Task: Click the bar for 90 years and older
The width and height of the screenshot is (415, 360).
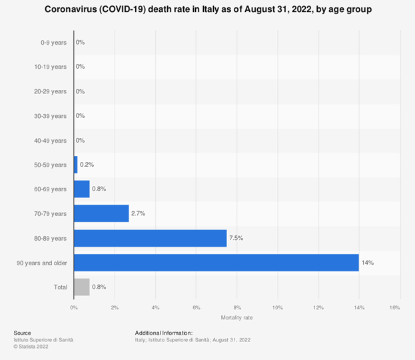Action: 216,263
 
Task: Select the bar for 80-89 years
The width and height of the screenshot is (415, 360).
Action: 150,238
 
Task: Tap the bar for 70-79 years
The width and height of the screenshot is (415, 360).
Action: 101,213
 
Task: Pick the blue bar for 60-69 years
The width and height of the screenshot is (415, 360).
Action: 82,189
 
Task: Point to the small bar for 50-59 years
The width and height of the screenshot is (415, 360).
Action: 76,165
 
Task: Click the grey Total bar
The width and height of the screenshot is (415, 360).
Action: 82,287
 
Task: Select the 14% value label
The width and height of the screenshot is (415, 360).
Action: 368,263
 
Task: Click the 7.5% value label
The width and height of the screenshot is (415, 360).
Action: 238,238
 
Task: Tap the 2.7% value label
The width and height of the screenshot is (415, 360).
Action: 139,213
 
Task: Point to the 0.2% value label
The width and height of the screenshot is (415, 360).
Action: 87,165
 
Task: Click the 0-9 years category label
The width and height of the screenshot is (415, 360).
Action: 53,42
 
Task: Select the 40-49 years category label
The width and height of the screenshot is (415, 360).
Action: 50,140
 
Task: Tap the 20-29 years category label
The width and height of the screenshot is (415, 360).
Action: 50,91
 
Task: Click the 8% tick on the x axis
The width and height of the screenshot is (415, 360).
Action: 237,307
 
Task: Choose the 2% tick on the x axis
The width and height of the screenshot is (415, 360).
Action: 115,307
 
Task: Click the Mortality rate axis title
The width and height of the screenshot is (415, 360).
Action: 236,317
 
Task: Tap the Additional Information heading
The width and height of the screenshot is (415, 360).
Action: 164,333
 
